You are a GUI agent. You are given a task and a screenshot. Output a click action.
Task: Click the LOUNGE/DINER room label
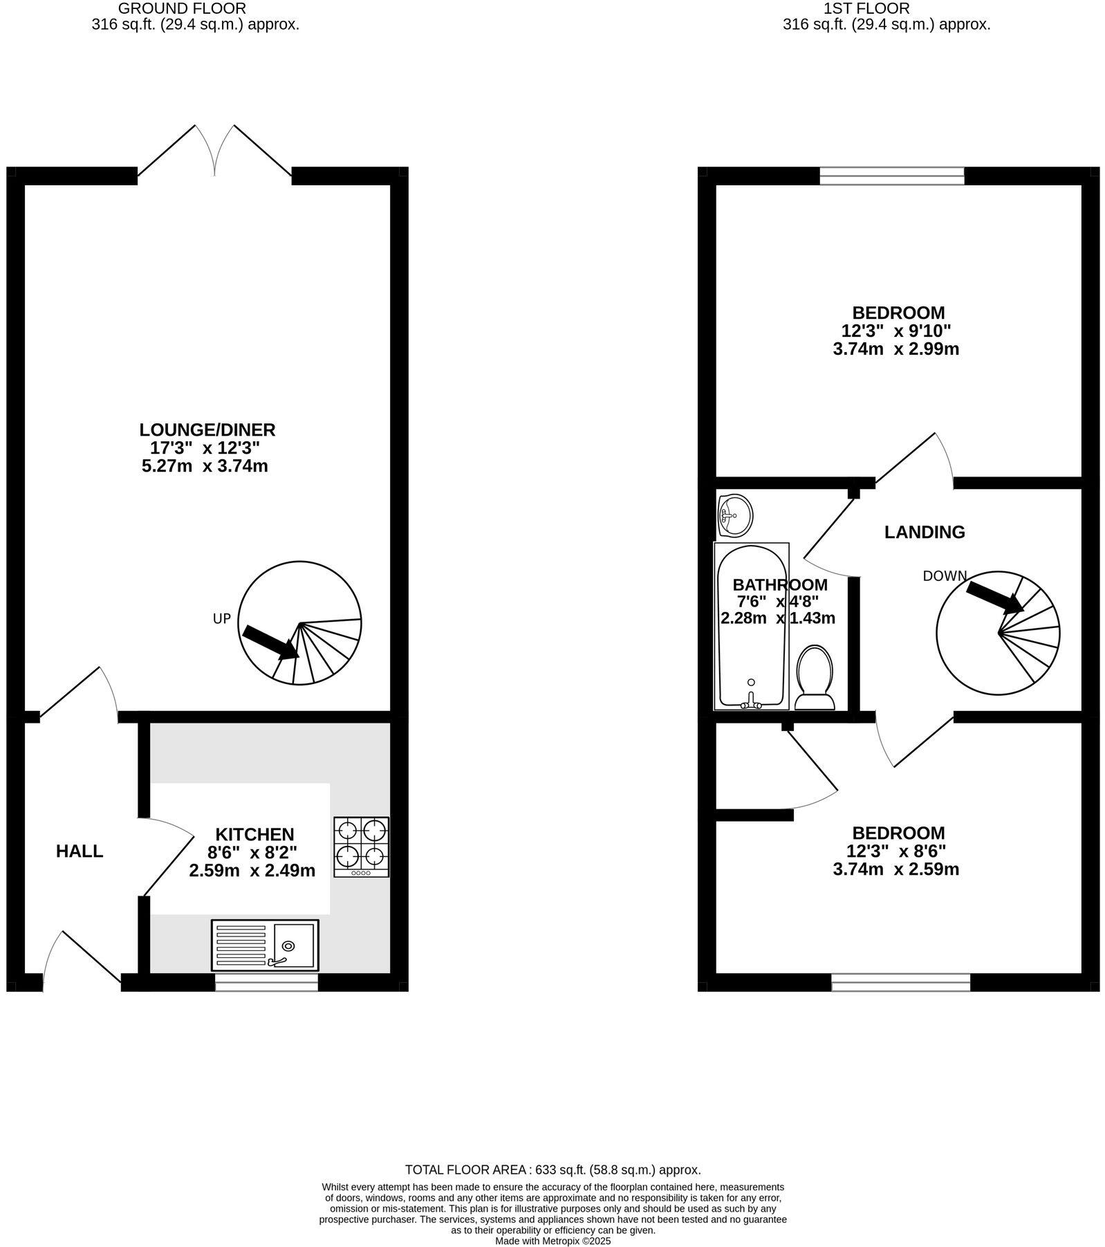[x=207, y=429]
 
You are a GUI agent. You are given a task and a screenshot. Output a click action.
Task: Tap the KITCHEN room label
[x=254, y=834]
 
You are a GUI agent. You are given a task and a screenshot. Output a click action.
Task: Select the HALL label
[x=80, y=851]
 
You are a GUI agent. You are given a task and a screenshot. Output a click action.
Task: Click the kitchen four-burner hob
[x=361, y=847]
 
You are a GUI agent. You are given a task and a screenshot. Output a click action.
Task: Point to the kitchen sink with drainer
[x=265, y=945]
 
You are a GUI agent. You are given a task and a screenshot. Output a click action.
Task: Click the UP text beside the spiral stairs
[x=221, y=619]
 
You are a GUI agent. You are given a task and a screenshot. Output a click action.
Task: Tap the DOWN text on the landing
[x=945, y=575]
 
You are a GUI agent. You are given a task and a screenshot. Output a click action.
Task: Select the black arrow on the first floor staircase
[x=994, y=597]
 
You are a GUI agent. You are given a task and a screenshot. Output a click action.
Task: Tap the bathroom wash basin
[x=735, y=515]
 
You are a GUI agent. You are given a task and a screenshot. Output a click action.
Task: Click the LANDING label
[x=925, y=532]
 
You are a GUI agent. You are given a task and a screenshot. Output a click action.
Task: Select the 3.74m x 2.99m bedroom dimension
[x=895, y=349]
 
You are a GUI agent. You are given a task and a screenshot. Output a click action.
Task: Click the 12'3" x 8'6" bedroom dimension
[x=895, y=851]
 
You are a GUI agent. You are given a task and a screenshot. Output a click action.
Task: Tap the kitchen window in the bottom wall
[x=266, y=982]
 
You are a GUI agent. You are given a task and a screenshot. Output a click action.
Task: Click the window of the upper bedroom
[x=891, y=176]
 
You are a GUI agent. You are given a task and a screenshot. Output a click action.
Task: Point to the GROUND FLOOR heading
[x=182, y=8]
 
